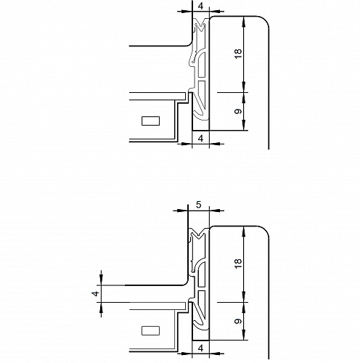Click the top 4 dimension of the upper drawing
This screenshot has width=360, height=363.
200,6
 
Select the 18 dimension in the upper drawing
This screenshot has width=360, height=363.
238,54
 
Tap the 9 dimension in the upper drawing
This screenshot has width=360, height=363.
238,111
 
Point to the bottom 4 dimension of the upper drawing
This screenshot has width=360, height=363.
200,139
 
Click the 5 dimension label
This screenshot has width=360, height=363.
198,205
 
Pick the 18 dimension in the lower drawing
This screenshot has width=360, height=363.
238,264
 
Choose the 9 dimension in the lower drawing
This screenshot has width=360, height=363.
238,321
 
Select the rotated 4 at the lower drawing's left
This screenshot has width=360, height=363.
96,293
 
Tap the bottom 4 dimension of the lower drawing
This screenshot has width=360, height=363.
200,348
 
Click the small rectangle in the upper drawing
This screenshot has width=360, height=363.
150,121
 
